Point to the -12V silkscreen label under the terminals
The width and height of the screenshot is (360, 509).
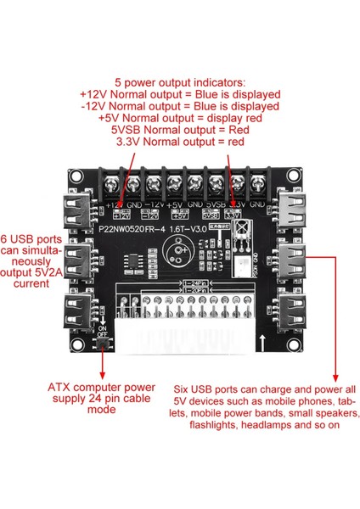pyautogui.click(x=153, y=204)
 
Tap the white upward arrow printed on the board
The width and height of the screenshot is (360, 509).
pyautogui.click(x=265, y=344)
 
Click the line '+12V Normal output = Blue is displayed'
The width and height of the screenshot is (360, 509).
pyautogui.click(x=179, y=95)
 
